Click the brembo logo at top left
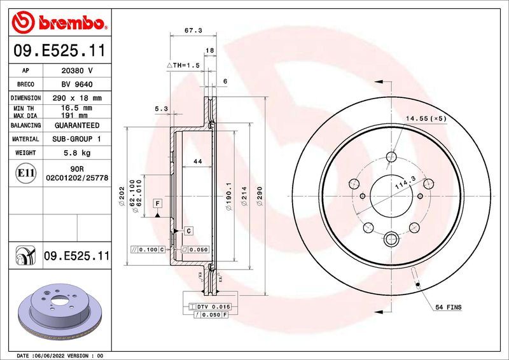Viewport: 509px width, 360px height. point(59,23)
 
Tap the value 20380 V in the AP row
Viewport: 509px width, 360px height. point(76,71)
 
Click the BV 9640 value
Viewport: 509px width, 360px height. point(76,85)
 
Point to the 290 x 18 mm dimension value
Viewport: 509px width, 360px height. point(76,99)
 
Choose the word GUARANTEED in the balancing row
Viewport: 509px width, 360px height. point(76,126)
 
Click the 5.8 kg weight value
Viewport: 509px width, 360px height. point(76,153)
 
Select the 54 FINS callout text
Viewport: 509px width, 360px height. point(449,307)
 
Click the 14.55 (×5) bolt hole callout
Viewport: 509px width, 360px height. point(426,119)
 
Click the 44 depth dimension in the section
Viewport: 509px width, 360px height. point(197,162)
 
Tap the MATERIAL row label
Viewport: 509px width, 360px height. point(26,139)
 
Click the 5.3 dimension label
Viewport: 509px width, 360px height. point(161,109)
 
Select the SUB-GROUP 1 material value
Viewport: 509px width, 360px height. point(76,139)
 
